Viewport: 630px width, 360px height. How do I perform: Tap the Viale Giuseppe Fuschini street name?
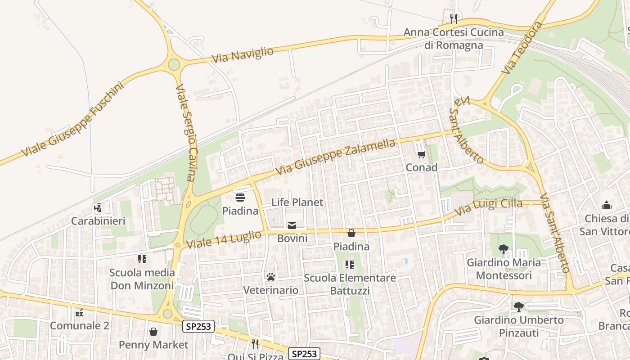[72, 119]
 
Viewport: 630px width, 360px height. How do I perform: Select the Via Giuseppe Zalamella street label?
[336, 157]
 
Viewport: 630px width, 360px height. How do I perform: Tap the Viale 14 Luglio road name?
[224, 239]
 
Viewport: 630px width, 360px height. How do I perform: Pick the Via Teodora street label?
[522, 47]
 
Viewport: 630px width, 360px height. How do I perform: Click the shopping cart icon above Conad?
[421, 154]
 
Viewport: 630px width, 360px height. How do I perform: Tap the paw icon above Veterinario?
[270, 277]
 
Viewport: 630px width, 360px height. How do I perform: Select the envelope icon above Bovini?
[292, 225]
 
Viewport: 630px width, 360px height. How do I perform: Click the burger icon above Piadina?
[240, 198]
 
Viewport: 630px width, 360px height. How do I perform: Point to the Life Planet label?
[297, 202]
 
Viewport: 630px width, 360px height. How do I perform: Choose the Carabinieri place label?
[98, 221]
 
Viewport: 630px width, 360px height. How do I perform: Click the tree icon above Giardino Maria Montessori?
[503, 249]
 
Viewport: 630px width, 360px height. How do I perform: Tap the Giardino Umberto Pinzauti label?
[519, 326]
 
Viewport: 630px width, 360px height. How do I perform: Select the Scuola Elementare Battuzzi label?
[350, 284]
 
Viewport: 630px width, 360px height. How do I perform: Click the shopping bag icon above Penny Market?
[153, 332]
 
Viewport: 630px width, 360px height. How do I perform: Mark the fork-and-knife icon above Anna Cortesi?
[453, 18]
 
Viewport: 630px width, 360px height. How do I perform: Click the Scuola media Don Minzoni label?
[142, 279]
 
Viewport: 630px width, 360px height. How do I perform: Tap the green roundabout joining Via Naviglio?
[174, 65]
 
